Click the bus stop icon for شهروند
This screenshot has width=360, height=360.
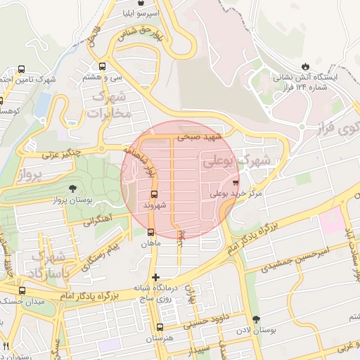pos(154,194)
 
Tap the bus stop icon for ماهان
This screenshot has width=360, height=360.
pos(150,232)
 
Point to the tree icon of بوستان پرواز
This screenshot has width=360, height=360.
pos(73,188)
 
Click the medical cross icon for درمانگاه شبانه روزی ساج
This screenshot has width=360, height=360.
pos(155,277)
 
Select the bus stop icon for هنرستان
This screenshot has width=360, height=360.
pos(160,327)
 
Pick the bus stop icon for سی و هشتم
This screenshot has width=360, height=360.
pos(103,67)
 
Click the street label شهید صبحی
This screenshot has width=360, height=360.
pos(200,137)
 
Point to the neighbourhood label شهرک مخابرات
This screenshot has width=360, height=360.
pos(112,105)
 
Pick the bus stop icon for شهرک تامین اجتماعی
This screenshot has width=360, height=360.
pos(21,70)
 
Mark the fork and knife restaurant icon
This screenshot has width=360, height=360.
pos(6,346)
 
